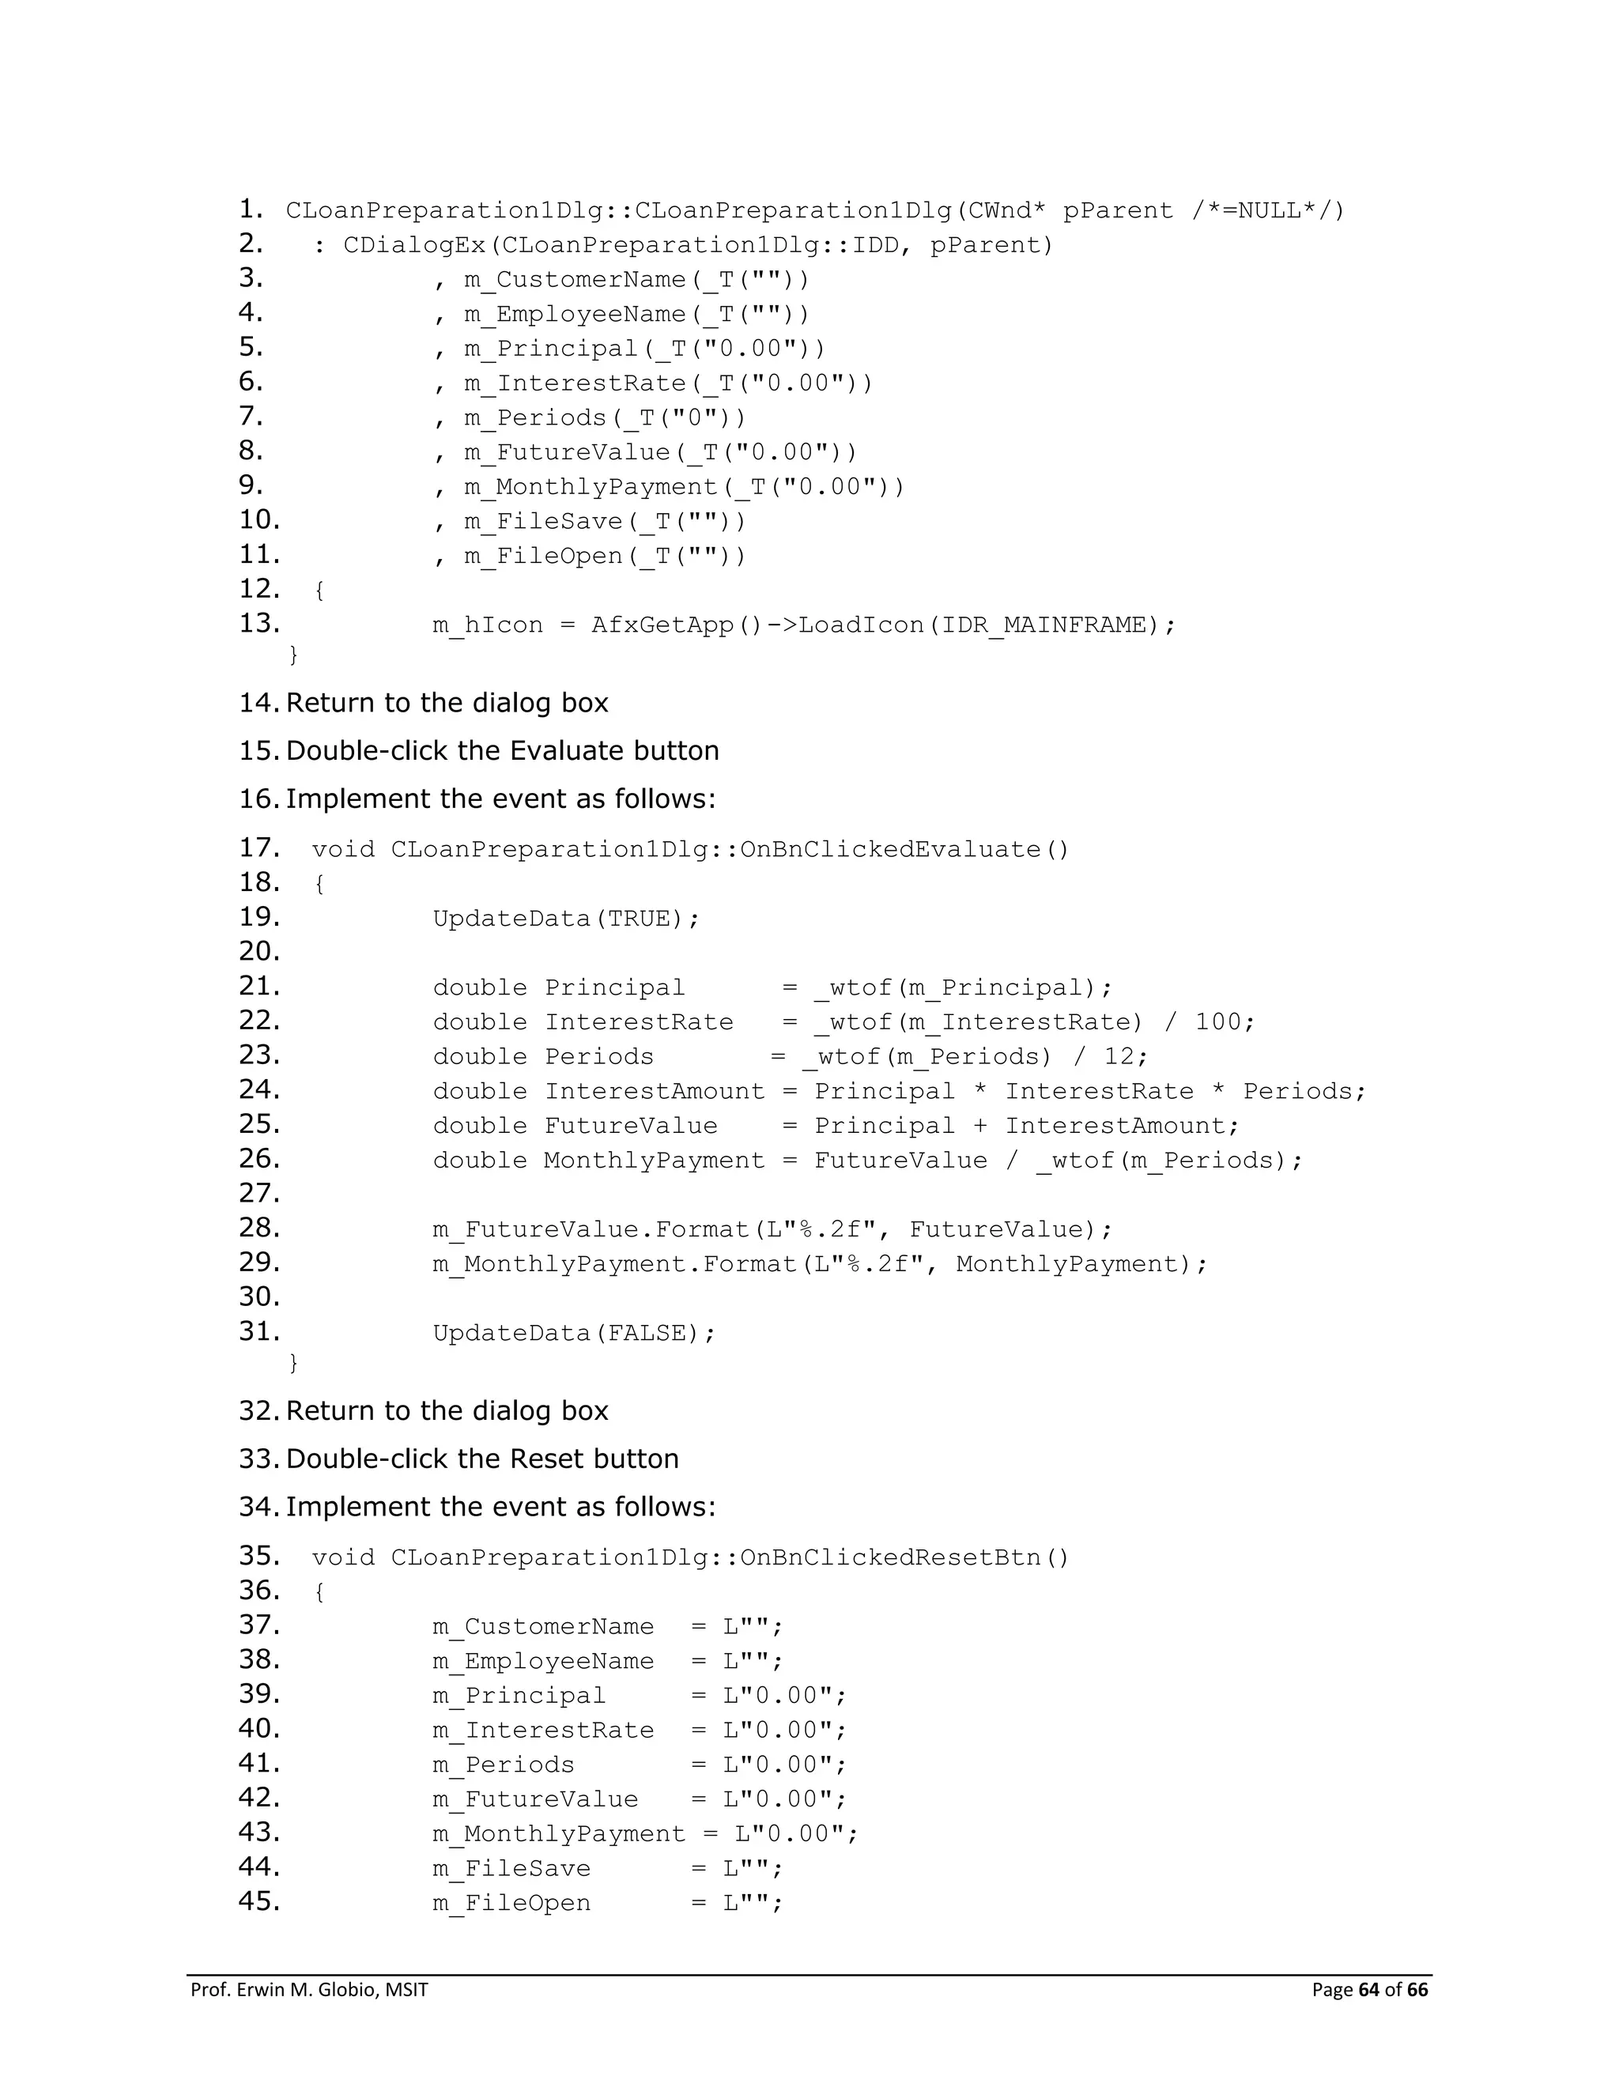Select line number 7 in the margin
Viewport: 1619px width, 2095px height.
pos(251,417)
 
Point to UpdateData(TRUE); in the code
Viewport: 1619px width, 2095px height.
pos(566,919)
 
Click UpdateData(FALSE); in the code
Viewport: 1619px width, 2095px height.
pos(574,1334)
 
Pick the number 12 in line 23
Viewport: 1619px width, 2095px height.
pos(1119,1057)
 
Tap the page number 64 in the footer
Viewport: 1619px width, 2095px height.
pos(1370,1990)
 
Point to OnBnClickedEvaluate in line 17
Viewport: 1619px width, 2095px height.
pos(890,850)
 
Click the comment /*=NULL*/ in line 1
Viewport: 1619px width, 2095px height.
pos(1268,211)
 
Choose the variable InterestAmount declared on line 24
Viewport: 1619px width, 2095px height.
pos(654,1092)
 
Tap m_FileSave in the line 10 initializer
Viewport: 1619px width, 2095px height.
pos(543,522)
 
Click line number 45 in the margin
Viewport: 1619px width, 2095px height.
pos(259,1901)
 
